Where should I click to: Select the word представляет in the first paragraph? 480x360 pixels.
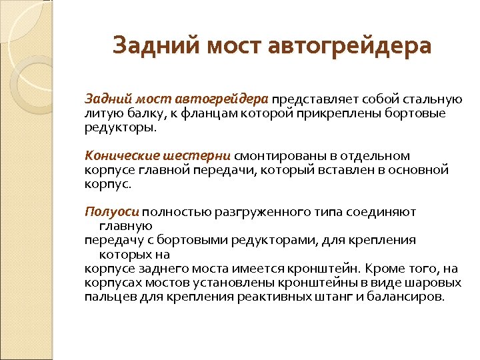[310, 99]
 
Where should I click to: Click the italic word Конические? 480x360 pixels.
[120, 156]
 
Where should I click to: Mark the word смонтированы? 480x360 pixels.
[275, 156]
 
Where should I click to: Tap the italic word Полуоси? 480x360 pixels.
[111, 212]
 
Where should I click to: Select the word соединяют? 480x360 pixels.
[383, 212]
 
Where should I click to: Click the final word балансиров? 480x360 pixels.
[405, 297]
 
